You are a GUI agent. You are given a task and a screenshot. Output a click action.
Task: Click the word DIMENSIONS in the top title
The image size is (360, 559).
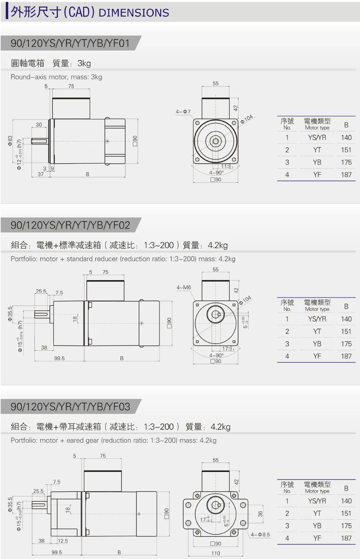(134, 13)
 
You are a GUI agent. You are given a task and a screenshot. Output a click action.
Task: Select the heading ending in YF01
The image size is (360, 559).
(70, 43)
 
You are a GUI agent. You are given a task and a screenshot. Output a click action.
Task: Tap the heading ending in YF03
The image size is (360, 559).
(70, 407)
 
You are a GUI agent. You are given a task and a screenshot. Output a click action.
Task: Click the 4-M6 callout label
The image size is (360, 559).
(184, 287)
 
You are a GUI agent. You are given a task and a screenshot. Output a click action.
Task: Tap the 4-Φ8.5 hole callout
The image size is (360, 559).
(260, 535)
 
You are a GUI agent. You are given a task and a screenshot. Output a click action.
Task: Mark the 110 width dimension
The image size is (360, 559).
(216, 553)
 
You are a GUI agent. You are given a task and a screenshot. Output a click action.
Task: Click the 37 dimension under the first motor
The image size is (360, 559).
(40, 174)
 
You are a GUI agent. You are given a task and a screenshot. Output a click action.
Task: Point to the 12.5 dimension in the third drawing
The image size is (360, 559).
(63, 541)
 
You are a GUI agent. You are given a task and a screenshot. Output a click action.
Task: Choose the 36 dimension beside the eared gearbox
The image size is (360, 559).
(260, 514)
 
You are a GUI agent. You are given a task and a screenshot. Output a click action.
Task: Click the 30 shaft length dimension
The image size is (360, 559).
(39, 124)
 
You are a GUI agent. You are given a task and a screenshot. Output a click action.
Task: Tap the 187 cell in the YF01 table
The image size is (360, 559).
(346, 174)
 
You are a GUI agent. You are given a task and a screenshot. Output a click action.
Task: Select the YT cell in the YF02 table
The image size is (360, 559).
(317, 331)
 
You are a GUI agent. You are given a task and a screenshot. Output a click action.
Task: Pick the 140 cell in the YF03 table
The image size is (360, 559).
(346, 501)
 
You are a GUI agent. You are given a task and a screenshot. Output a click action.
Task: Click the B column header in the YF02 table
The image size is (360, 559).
(346, 306)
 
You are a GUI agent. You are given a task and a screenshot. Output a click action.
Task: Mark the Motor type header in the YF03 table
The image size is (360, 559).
(317, 491)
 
